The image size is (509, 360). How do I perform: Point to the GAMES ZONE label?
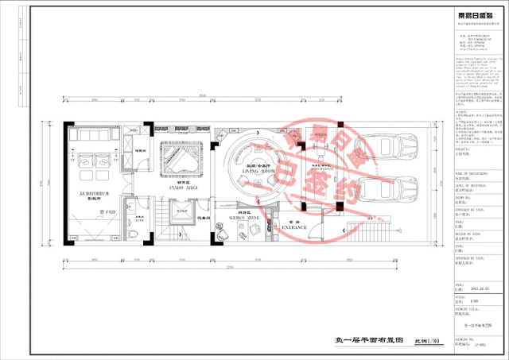[x=242, y=215]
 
